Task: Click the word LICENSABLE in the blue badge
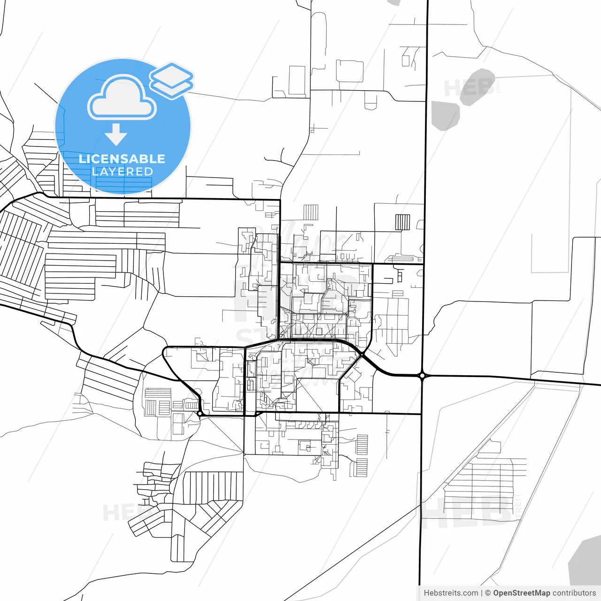(x=122, y=159)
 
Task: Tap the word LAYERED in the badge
(x=122, y=172)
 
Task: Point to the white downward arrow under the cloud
(x=116, y=135)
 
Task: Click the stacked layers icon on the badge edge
(x=171, y=80)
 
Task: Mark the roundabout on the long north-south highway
(x=423, y=375)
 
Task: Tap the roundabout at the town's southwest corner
(x=200, y=414)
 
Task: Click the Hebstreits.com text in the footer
(x=451, y=593)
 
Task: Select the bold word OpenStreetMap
(x=522, y=593)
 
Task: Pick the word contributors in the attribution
(x=574, y=593)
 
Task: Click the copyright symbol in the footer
(x=488, y=593)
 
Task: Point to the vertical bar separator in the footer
(x=482, y=593)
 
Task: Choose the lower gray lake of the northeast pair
(x=444, y=115)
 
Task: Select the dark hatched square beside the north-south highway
(x=402, y=222)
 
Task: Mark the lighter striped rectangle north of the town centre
(x=310, y=212)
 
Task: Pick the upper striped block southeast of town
(x=362, y=444)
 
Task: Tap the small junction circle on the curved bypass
(x=362, y=354)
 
